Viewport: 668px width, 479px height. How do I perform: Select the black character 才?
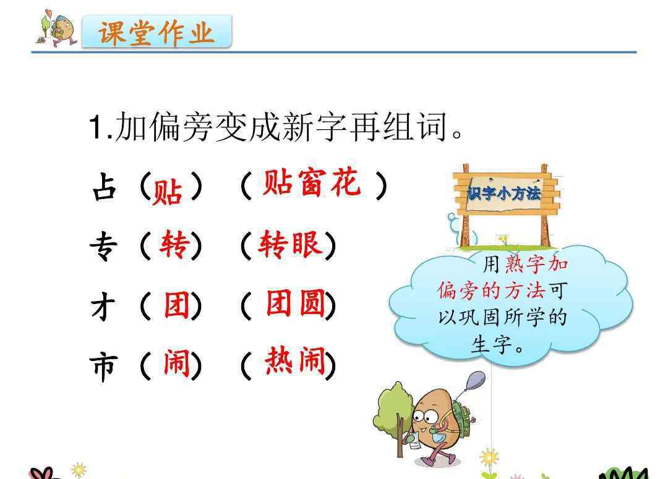[103, 307]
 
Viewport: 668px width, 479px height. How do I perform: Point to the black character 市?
[103, 367]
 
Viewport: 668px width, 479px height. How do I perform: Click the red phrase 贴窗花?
[311, 183]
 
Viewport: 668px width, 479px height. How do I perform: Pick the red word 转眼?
[290, 244]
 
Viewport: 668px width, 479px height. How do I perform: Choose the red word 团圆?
[296, 303]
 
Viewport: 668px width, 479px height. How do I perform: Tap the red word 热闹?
[295, 360]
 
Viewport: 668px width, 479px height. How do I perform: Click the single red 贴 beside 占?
[168, 192]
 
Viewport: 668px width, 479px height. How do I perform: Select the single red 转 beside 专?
[174, 244]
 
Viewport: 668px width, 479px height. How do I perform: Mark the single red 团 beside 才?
[177, 305]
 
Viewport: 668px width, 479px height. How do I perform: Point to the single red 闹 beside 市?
[177, 363]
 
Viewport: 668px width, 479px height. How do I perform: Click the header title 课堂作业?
[156, 32]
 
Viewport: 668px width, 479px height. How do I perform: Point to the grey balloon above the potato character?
[476, 380]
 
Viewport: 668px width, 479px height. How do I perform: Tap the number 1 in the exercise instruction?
[96, 127]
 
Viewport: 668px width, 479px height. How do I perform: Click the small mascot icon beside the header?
[57, 28]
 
